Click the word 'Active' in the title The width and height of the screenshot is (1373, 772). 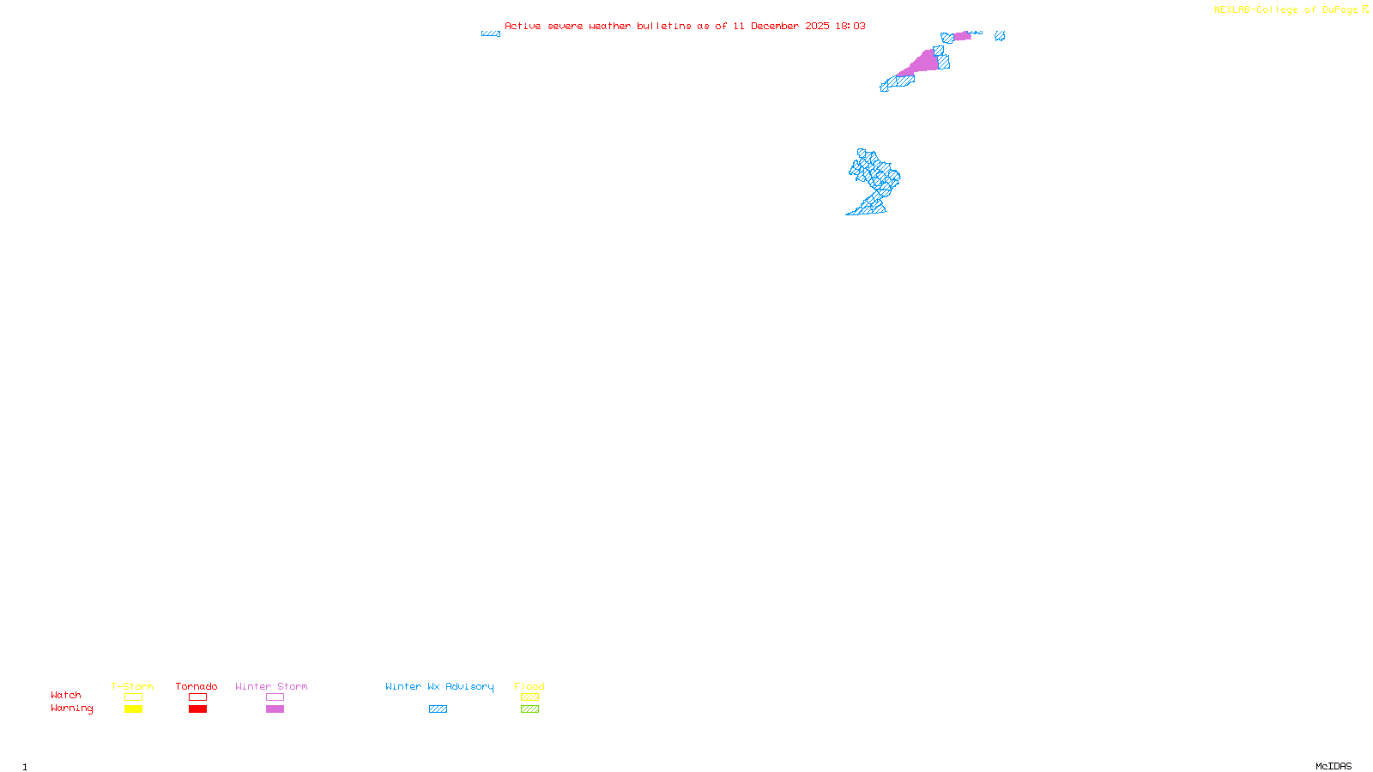pos(523,26)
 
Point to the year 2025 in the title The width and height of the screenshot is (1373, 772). pos(817,26)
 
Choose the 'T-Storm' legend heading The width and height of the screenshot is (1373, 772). pos(132,686)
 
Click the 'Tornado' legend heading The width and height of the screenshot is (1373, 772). pos(197,686)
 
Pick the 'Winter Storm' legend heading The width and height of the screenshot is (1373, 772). pos(271,686)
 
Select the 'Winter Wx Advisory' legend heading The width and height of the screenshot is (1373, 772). pos(439,686)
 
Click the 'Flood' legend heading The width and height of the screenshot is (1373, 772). pos(529,686)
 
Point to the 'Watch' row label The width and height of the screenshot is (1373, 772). pos(66,695)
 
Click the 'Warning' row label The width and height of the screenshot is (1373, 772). pos(72,709)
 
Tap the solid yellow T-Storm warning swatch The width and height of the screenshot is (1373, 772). pos(133,709)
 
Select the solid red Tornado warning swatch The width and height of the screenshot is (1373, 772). pos(197,709)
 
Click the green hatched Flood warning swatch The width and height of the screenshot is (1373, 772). pos(529,709)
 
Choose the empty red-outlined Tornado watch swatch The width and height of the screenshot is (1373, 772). pos(197,697)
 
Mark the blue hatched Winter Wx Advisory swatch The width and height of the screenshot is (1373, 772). pos(438,709)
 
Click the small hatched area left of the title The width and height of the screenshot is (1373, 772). pos(491,33)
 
